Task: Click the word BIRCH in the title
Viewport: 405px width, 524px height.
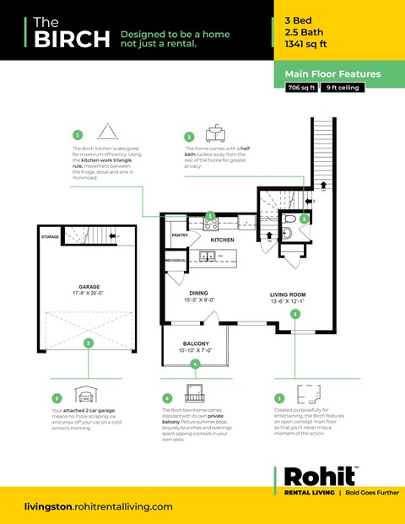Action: coord(72,39)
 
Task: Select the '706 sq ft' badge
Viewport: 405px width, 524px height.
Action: coord(301,88)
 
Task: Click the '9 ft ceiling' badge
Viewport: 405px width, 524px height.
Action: coord(342,88)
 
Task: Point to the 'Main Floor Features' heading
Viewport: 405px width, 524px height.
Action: coord(332,73)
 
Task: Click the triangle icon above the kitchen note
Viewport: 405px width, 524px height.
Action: coord(108,132)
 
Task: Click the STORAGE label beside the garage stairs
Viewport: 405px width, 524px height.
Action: coord(50,237)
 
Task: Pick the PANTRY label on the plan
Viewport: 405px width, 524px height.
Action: coord(180,235)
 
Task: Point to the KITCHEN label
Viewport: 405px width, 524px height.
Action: coord(222,240)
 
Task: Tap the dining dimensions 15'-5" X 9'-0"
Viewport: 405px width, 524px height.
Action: coord(199,300)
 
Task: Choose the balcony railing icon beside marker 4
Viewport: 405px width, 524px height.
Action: coord(195,397)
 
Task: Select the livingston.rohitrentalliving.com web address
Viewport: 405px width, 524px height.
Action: coord(100,506)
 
